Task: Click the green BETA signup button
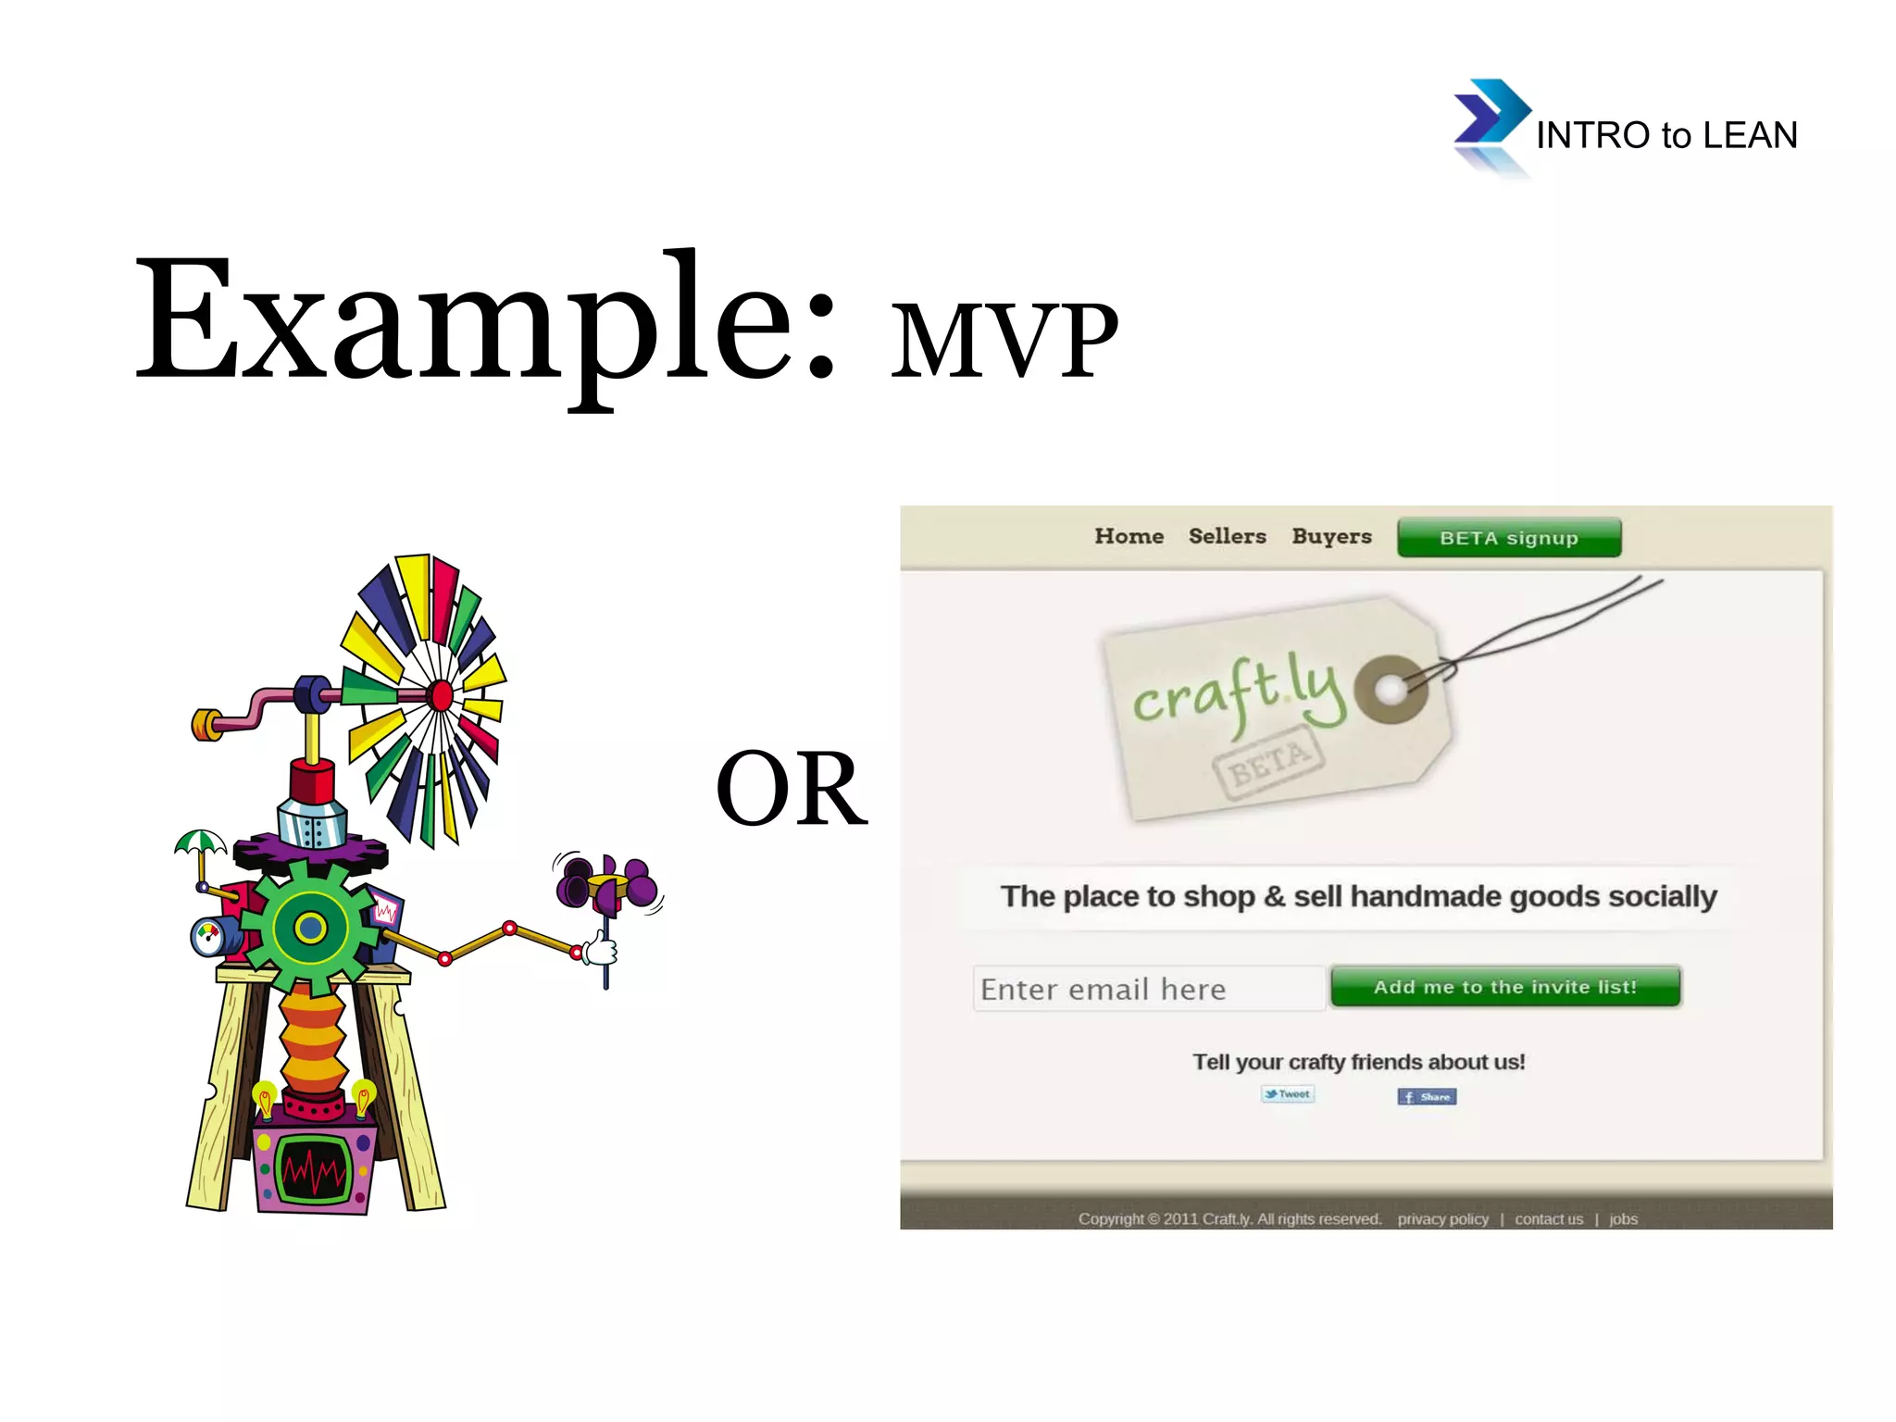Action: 1509,538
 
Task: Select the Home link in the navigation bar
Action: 1129,536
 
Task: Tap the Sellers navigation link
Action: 1227,536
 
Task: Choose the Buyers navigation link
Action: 1331,537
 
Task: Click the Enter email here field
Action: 1148,989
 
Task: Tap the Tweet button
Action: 1288,1094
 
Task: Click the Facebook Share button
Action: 1427,1097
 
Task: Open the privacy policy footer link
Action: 1442,1219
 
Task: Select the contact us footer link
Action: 1548,1219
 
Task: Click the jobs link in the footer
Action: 1623,1219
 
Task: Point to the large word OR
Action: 792,789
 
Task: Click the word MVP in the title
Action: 1004,341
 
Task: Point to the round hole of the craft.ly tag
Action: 1390,689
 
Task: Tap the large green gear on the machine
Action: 310,927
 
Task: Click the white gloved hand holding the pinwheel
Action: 601,949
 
